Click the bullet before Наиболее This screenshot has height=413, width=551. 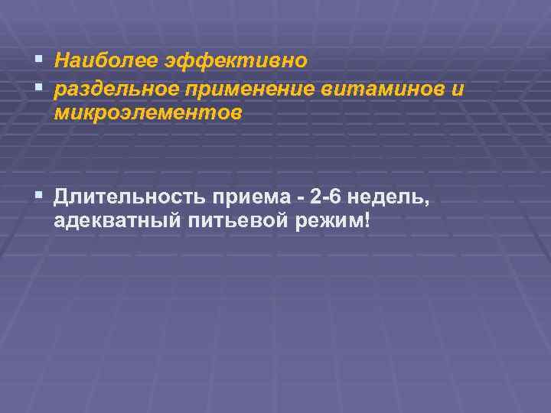(x=39, y=59)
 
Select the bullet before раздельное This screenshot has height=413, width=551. (x=39, y=88)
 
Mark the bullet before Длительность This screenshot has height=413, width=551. (x=39, y=197)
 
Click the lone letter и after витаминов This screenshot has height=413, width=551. (x=457, y=89)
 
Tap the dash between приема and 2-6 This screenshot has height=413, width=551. (x=300, y=199)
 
